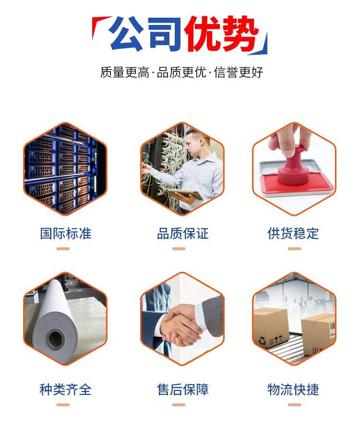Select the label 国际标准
(x=66, y=233)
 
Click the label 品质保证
(x=182, y=233)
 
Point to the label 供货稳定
(x=293, y=233)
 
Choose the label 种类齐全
(x=66, y=390)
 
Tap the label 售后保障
(x=182, y=390)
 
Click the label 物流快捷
(x=293, y=390)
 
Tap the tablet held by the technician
(x=185, y=194)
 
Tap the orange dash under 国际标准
(x=63, y=249)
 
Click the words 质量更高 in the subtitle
(x=125, y=73)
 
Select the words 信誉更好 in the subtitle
(x=239, y=73)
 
